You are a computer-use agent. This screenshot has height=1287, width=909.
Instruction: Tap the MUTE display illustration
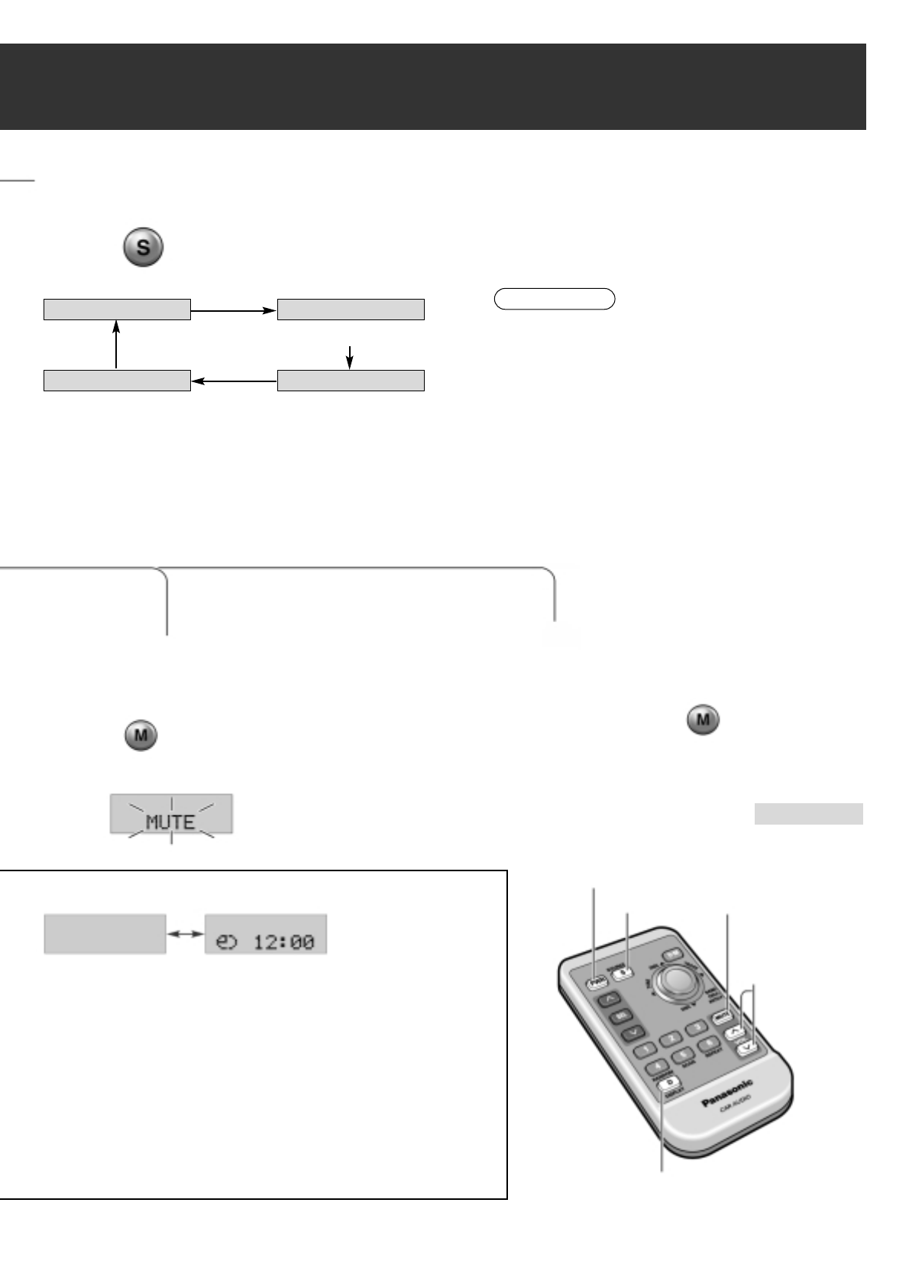(171, 815)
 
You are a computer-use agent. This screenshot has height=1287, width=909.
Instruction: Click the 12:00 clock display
(266, 933)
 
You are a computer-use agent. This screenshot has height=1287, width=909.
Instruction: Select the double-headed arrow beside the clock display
(186, 933)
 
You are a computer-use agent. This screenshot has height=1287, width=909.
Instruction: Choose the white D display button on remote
(669, 1083)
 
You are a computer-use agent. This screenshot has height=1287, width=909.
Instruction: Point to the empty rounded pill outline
(555, 298)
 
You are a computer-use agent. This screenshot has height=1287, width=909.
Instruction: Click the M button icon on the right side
(703, 721)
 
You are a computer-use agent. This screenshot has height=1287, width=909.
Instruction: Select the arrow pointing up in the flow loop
(116, 344)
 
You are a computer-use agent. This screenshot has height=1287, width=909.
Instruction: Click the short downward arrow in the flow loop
(350, 357)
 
